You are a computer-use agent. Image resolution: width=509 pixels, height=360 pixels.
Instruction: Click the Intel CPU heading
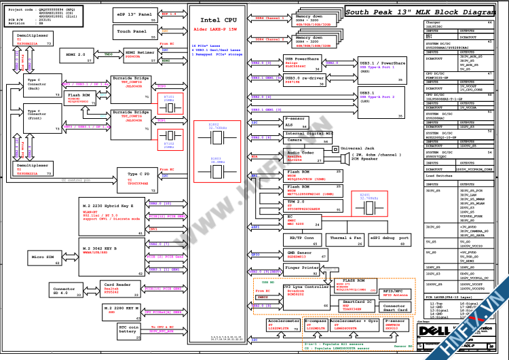pos(218,22)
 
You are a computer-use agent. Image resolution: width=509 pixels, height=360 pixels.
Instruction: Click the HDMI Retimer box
pos(139,54)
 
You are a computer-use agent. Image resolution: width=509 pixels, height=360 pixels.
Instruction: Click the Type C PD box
pos(139,179)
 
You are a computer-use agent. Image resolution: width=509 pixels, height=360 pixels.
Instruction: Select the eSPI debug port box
pos(390,239)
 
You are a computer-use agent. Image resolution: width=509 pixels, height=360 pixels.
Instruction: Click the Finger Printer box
pos(301,268)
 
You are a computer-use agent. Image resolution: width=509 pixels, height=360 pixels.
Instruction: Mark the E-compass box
pos(315,323)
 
